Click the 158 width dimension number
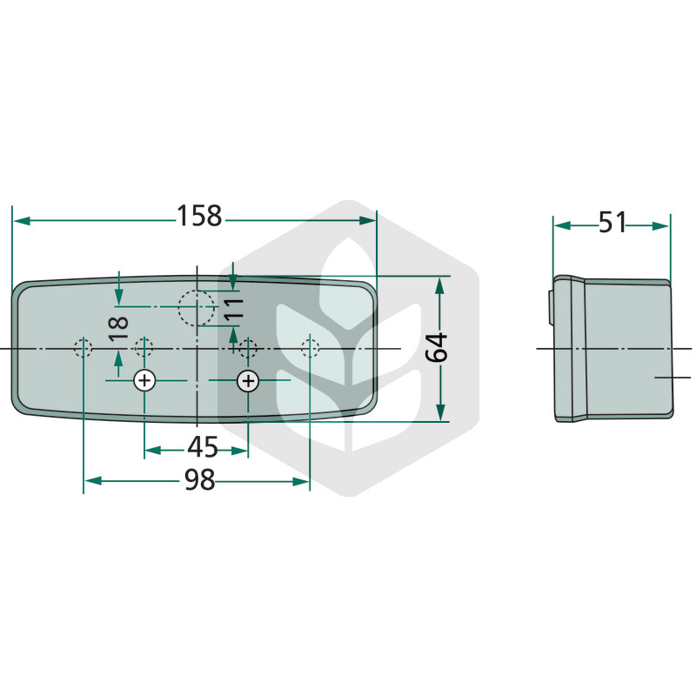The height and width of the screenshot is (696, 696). pyautogui.click(x=199, y=216)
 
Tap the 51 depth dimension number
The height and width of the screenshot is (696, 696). pyautogui.click(x=612, y=223)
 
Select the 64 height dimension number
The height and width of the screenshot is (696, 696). pyautogui.click(x=437, y=347)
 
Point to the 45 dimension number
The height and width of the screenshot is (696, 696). pyautogui.click(x=203, y=447)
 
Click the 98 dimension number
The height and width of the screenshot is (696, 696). pyautogui.click(x=200, y=480)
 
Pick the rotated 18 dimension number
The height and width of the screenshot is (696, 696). pyautogui.click(x=118, y=329)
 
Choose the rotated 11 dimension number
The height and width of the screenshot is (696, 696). pyautogui.click(x=233, y=310)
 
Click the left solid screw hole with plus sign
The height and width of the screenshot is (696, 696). pyautogui.click(x=144, y=380)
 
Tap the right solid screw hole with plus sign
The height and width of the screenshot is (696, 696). pyautogui.click(x=248, y=381)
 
